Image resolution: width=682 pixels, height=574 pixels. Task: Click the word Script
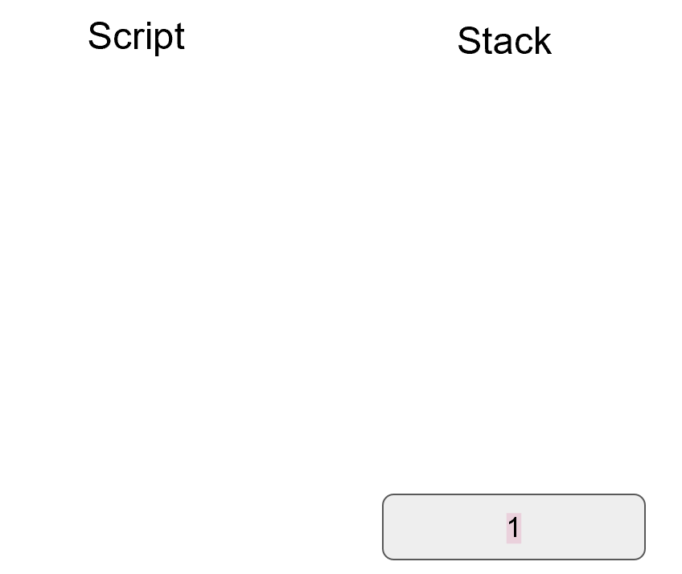[136, 36]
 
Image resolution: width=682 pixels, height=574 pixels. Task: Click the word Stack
[504, 41]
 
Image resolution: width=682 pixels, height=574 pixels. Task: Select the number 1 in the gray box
[514, 528]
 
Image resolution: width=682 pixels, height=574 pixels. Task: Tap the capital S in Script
[99, 36]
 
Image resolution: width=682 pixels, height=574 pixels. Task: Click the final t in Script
[179, 37]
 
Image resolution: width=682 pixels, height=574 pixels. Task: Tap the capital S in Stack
[469, 41]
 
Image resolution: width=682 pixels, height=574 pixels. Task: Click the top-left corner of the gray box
[385, 497]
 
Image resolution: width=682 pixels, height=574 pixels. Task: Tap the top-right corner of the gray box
[643, 497]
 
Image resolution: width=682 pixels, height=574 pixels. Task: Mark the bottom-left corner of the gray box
[385, 556]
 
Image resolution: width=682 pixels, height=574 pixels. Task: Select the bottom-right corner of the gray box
[643, 556]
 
